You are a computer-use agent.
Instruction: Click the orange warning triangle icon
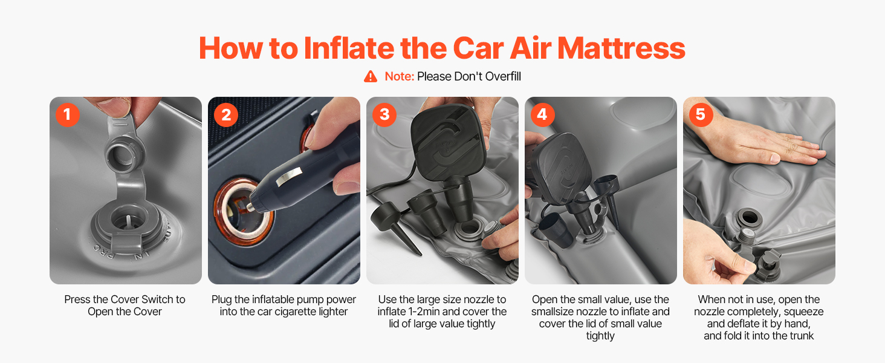click(x=370, y=76)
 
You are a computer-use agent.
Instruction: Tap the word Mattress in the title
click(x=621, y=48)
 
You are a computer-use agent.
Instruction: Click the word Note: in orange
click(x=400, y=76)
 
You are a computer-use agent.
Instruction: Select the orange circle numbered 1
click(x=68, y=115)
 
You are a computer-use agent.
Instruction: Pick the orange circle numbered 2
click(x=226, y=115)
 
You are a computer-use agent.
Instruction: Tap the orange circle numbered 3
click(x=384, y=115)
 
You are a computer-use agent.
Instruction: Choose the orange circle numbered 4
click(x=542, y=115)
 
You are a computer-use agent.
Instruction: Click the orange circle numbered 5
click(x=701, y=115)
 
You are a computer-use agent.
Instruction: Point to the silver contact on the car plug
click(x=288, y=177)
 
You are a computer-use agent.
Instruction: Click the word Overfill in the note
click(x=503, y=76)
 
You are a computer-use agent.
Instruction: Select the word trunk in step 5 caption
click(x=800, y=336)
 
